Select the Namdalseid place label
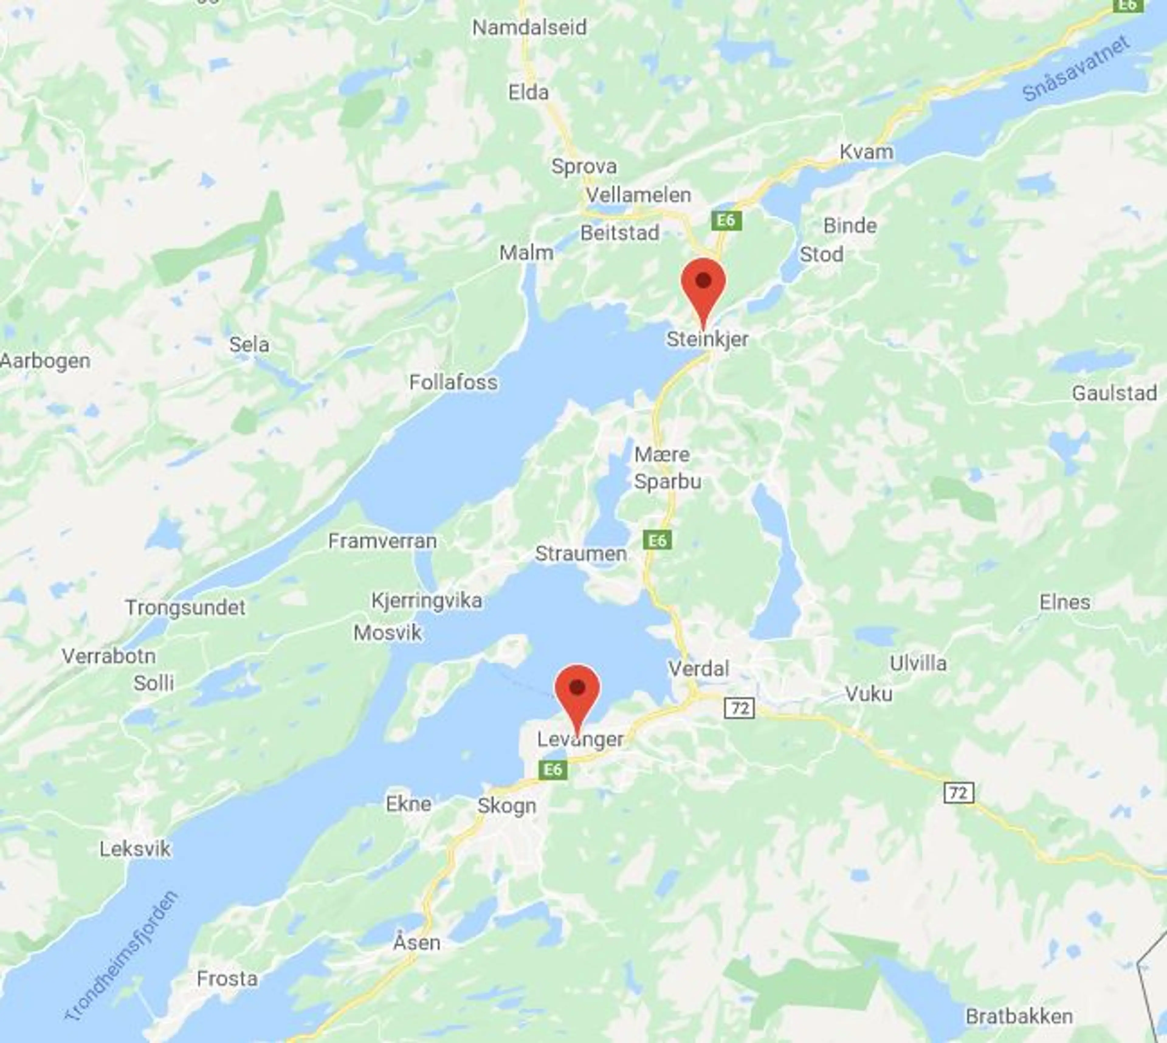(x=529, y=27)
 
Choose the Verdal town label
(x=698, y=668)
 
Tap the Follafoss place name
(x=453, y=382)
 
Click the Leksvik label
(x=135, y=849)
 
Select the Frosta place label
(x=227, y=978)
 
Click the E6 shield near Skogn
(x=553, y=769)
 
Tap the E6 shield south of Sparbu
(x=657, y=540)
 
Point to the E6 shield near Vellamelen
(x=726, y=220)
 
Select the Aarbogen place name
(x=45, y=361)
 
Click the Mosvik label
(x=387, y=633)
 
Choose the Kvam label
(x=866, y=152)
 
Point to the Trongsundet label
(x=185, y=607)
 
